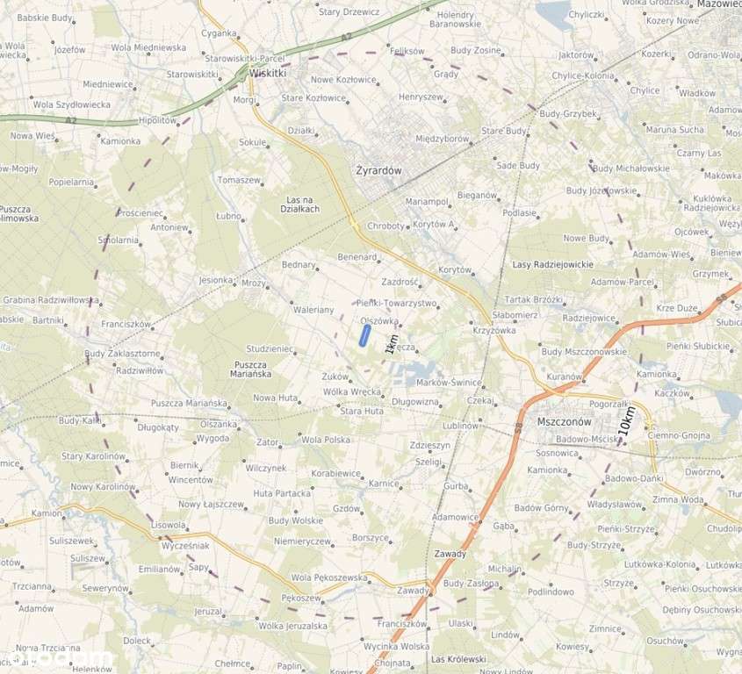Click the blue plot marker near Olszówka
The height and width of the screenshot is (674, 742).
364,335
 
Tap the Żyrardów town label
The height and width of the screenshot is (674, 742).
380,171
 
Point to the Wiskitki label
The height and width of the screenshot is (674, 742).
268,74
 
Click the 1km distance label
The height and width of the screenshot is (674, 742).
392,344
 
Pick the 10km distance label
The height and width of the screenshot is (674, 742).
626,422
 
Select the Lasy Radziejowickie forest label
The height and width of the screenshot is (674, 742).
552,264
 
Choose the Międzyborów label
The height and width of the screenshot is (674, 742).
442,138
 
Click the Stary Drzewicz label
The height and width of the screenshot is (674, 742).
349,12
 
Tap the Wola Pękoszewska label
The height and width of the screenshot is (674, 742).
329,577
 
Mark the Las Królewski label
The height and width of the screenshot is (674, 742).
458,658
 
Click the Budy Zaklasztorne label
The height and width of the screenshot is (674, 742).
122,354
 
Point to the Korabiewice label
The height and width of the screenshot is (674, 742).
335,473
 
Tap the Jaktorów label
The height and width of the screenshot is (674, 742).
576,54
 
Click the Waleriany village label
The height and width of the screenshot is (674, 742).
313,310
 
